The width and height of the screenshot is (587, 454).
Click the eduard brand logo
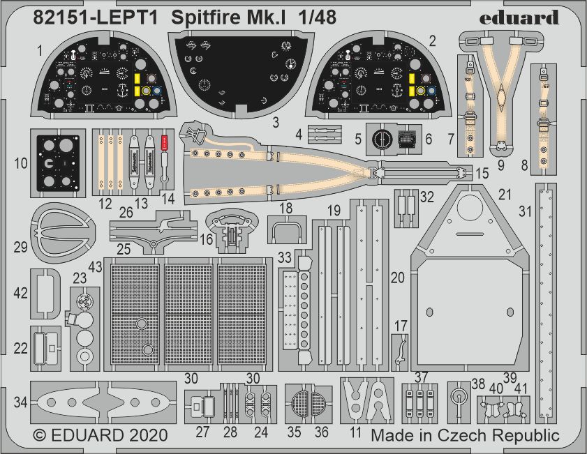pyautogui.click(x=519, y=17)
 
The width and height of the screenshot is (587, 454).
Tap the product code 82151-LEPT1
pyautogui.click(x=96, y=17)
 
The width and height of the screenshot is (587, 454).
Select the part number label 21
pyautogui.click(x=505, y=195)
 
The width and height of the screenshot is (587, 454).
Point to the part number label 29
pyautogui.click(x=20, y=247)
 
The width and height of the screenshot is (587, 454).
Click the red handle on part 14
pyautogui.click(x=163, y=142)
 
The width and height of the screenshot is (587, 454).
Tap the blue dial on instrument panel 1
pyautogui.click(x=157, y=90)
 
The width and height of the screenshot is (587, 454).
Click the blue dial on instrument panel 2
pyautogui.click(x=431, y=90)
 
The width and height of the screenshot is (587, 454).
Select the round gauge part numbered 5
pyautogui.click(x=381, y=139)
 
